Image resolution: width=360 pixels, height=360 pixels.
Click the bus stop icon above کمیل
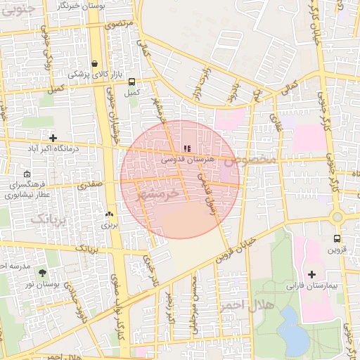click(131, 81)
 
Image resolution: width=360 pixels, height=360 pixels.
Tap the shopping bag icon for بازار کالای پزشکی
click(94, 63)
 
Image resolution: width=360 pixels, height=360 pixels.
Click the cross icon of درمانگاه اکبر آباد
click(53, 136)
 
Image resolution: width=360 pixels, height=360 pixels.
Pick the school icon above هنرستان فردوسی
click(186, 148)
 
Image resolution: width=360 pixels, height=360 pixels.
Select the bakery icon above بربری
click(108, 214)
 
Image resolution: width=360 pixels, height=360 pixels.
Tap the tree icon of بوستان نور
click(44, 272)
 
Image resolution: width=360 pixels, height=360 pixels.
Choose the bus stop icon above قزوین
click(337, 238)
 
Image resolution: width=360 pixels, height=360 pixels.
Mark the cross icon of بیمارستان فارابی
click(312, 274)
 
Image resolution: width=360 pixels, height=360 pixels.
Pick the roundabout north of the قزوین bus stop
click(338, 217)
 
